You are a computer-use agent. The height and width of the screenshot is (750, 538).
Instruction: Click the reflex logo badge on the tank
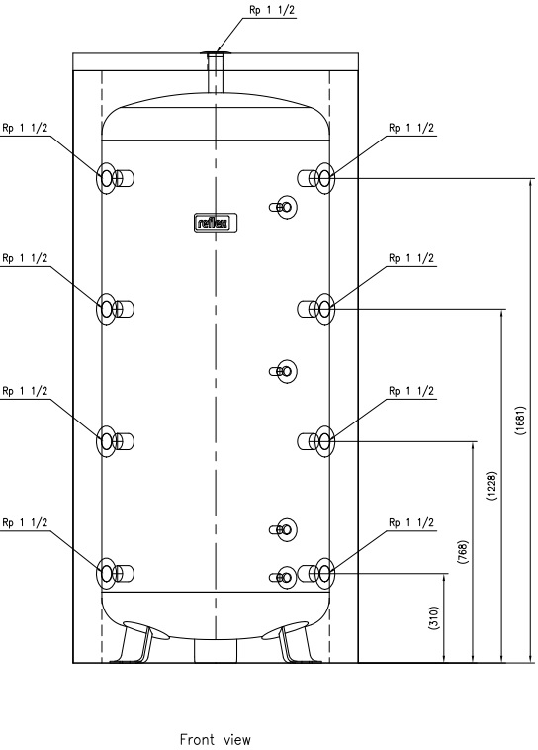point(216,223)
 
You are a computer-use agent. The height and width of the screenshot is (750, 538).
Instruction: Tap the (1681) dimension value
point(520,421)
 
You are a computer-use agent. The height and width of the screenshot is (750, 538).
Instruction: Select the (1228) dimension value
point(493,486)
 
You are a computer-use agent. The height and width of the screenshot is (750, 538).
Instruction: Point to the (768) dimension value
point(463,552)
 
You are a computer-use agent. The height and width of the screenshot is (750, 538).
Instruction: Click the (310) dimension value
point(434,618)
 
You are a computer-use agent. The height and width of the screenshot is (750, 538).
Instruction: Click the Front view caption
point(216,739)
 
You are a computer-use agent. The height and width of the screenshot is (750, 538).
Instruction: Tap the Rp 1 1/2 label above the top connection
point(272,10)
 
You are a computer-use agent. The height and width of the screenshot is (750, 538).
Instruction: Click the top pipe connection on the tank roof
point(216,72)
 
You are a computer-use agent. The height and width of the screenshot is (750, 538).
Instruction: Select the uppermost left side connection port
point(115,178)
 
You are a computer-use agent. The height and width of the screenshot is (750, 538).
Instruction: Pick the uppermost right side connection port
point(316,178)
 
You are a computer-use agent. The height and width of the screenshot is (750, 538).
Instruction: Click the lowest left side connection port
point(115,573)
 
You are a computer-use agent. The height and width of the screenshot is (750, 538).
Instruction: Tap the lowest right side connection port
point(316,573)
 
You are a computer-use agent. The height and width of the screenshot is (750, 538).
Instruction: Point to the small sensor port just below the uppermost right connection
point(284,207)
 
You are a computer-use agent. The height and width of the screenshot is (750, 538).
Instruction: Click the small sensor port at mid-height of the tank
point(284,371)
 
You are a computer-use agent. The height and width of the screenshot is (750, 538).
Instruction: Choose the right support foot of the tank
point(295,642)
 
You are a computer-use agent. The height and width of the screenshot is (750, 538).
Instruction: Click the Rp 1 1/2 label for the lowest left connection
point(25,522)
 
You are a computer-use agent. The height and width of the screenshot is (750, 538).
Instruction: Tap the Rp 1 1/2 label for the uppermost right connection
point(411,128)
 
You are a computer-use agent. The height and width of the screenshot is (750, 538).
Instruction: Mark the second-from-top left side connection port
point(115,309)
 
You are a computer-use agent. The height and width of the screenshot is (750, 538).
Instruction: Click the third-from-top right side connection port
point(316,441)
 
